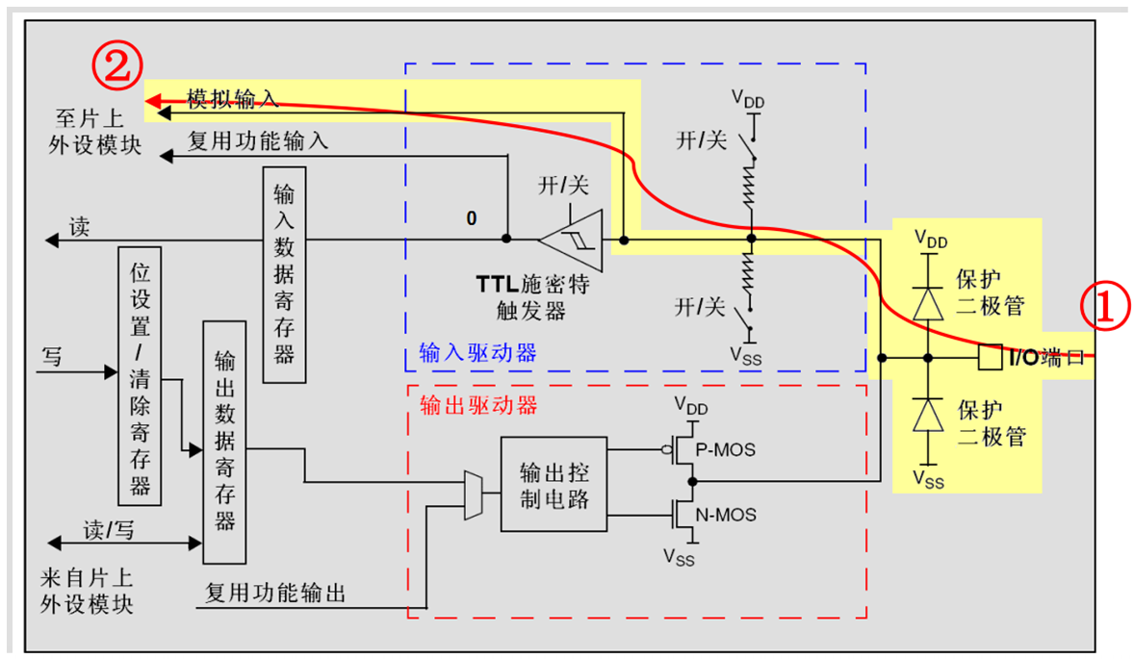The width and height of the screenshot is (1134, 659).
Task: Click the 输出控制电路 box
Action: pos(554,484)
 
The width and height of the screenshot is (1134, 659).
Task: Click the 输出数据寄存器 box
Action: pos(224,443)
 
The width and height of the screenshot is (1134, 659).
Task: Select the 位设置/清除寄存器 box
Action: pos(141,375)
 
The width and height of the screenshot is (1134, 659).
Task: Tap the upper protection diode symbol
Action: pos(928,303)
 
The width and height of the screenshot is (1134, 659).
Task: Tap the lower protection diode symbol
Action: pos(928,415)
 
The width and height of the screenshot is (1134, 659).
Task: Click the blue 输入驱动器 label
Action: pos(477,353)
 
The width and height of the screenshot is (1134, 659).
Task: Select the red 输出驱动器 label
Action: pos(478,405)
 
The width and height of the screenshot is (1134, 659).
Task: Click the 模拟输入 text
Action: pos(232,98)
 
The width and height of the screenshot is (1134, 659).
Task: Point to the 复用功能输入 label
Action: pos(257,141)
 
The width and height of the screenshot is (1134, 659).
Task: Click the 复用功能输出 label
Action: pos(275,593)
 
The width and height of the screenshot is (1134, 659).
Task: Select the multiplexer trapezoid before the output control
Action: pos(474,494)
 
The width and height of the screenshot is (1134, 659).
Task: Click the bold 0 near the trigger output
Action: pos(472,218)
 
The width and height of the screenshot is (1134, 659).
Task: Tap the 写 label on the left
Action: pos(52,357)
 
